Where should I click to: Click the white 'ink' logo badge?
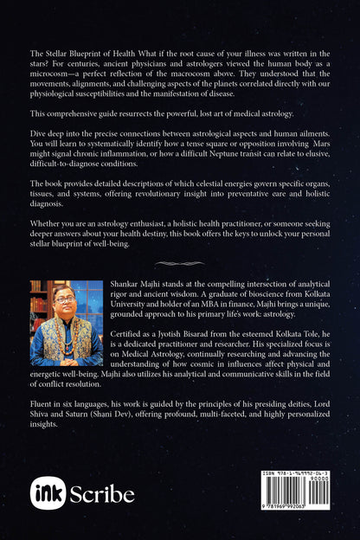[x=48, y=493]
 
